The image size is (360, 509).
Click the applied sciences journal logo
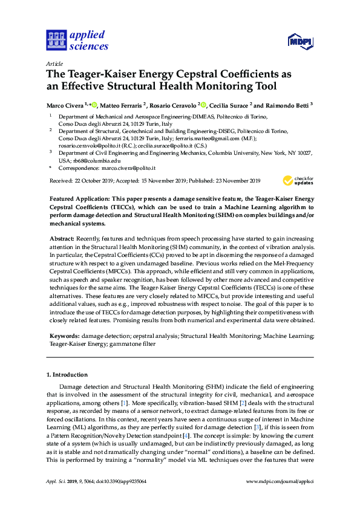pos(77,40)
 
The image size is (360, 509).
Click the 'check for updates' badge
pos(298,180)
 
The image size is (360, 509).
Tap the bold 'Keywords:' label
pos(65,335)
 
